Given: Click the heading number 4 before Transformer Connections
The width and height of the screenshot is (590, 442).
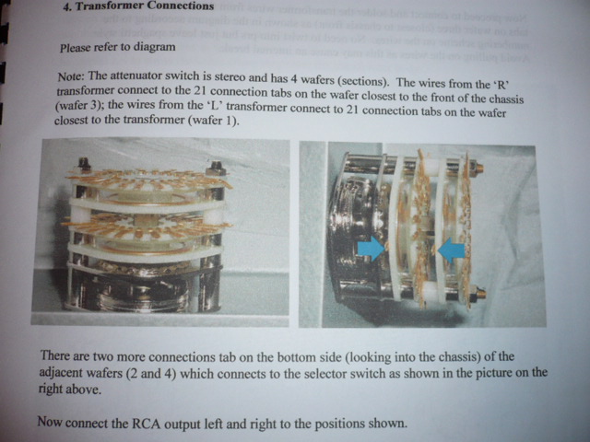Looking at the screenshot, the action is [x=67, y=7].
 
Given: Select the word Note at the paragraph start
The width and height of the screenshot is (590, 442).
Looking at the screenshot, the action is [x=72, y=76].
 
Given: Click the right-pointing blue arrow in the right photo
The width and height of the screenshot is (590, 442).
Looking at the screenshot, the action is [x=371, y=249].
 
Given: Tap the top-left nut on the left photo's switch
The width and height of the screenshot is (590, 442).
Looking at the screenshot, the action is [x=84, y=164].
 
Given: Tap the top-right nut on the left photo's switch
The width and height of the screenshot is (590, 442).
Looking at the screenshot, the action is [x=216, y=167].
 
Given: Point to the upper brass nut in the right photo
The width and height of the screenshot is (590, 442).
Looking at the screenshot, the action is [x=478, y=167].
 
